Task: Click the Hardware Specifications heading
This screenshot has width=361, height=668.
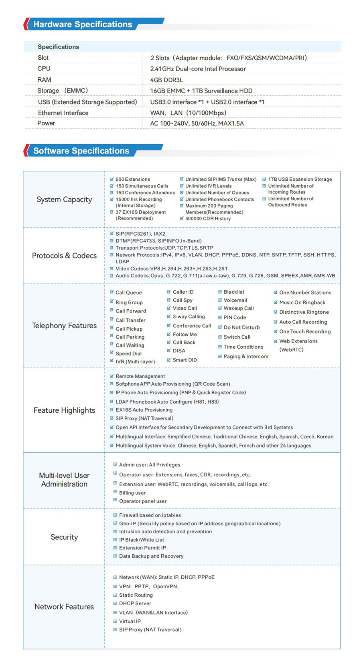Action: tap(83, 24)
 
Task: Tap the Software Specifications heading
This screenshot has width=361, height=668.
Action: tap(81, 151)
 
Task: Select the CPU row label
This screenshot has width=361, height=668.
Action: tap(44, 69)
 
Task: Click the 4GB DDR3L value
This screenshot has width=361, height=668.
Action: tap(166, 80)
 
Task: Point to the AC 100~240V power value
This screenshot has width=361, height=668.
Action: tap(197, 123)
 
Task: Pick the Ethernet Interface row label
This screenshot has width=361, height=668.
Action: tap(63, 113)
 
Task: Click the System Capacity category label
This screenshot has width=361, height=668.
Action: tap(64, 200)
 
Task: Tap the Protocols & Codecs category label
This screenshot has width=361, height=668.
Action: tap(64, 256)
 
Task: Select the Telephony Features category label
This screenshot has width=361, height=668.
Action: tap(64, 326)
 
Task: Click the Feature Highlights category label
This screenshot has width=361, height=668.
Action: tap(64, 410)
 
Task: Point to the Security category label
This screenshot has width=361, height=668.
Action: tap(64, 537)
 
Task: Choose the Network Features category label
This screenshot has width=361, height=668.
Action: tap(64, 607)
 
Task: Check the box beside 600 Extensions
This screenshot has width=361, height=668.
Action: tap(112, 179)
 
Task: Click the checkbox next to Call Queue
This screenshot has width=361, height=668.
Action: tap(112, 292)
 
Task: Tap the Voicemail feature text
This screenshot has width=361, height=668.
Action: tap(235, 300)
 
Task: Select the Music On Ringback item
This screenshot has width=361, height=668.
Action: tap(302, 303)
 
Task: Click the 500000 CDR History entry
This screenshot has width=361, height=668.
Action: tap(208, 219)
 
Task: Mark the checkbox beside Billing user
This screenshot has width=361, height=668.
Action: tap(115, 492)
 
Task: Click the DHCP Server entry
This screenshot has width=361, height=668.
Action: tap(135, 603)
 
